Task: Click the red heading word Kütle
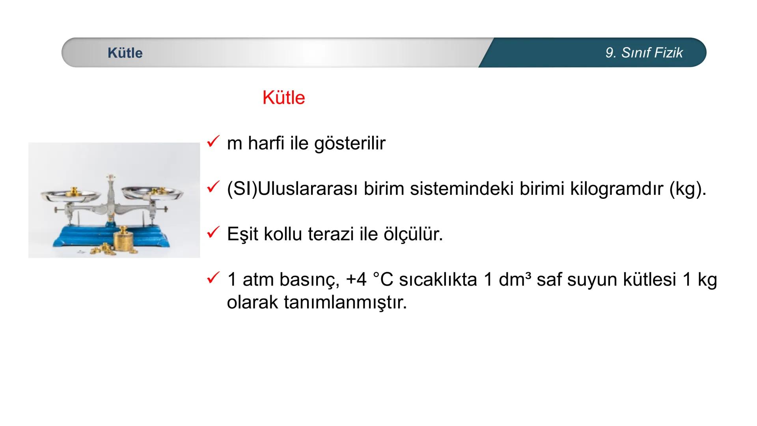[283, 97]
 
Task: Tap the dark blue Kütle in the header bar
[125, 53]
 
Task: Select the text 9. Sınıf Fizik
[644, 53]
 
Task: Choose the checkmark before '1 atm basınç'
[213, 278]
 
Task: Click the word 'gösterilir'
[350, 143]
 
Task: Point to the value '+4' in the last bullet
[356, 280]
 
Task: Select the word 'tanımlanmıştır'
[345, 303]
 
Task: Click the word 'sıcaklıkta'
[438, 280]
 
